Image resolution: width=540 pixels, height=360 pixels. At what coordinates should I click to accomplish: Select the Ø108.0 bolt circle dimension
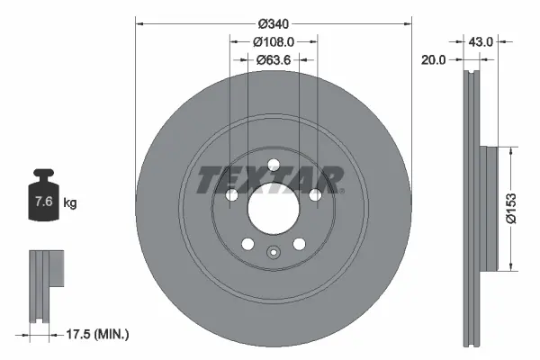[x=273, y=42]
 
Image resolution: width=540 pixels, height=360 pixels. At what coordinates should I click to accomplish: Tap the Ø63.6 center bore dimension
[x=273, y=61]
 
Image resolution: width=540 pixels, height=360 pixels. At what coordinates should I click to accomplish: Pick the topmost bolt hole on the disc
[x=272, y=163]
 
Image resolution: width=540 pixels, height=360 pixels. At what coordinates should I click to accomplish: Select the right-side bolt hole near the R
[x=314, y=194]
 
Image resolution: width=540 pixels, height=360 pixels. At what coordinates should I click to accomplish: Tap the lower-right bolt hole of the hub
[x=298, y=243]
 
